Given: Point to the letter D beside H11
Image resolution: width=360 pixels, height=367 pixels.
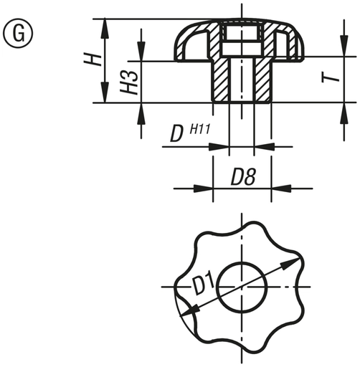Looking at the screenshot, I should [x=175, y=134].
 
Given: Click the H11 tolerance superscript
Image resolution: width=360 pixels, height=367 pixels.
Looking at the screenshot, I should [x=199, y=129].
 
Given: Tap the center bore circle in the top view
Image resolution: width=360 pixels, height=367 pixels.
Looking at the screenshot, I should [x=242, y=287].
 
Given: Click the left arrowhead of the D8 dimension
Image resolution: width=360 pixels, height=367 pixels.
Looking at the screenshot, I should [x=208, y=189].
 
